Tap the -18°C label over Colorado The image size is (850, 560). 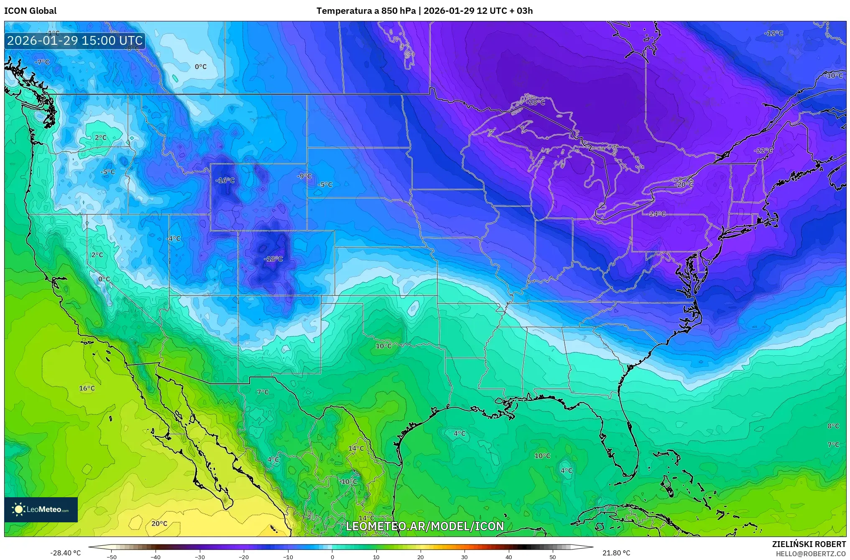point(273,259)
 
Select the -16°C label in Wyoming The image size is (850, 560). point(225,180)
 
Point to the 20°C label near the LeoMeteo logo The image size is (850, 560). point(159,524)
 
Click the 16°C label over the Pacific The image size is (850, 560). point(87,388)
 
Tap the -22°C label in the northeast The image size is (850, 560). point(763,151)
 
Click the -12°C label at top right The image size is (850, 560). point(773,33)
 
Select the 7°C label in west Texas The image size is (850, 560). point(263,392)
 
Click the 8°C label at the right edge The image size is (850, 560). point(833,426)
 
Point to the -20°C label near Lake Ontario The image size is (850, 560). point(684,185)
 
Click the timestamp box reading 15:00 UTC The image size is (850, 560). point(75,41)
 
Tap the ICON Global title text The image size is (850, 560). point(30,11)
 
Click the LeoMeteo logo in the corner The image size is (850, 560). point(41,509)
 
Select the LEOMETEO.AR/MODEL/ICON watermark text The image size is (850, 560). point(425,526)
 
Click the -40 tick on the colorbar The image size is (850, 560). point(156,557)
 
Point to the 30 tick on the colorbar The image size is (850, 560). point(465,557)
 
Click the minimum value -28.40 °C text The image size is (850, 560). point(66,553)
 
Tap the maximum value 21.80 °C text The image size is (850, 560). point(616,553)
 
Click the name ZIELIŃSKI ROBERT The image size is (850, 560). point(809,544)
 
